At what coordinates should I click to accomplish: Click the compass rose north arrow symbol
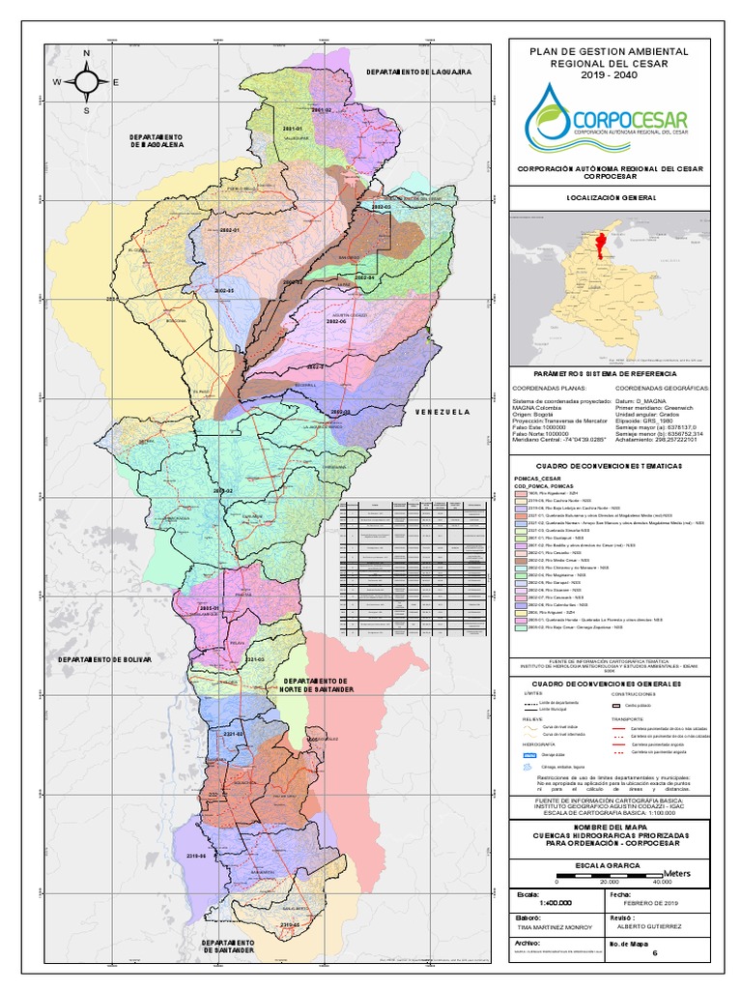coord(86,81)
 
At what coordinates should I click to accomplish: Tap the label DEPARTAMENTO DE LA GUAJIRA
coord(417,73)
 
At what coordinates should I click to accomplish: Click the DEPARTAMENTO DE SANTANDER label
coord(228,946)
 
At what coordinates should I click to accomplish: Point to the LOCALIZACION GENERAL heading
coord(609,197)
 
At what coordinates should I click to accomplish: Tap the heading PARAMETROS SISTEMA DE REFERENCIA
coord(609,372)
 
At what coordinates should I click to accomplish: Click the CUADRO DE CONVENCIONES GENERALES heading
coord(609,684)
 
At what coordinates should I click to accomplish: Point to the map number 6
coord(654,952)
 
